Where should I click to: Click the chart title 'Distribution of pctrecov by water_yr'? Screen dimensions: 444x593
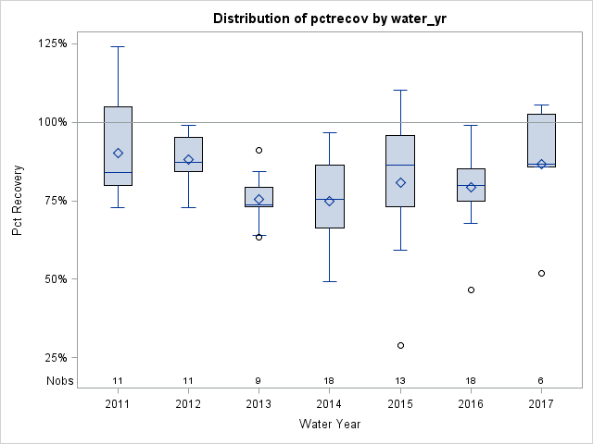pos(329,18)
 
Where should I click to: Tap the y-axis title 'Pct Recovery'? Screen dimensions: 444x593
pos(18,201)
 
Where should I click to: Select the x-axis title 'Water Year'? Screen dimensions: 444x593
pos(330,424)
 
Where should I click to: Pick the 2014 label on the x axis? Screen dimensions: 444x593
pos(329,404)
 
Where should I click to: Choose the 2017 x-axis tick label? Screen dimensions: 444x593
pos(541,404)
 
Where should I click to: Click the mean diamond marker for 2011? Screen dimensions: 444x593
pos(118,154)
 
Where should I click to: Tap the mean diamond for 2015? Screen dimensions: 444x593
pos(400,182)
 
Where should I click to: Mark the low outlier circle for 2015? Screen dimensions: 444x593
pos(400,345)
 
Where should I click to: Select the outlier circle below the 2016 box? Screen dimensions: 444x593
pos(471,290)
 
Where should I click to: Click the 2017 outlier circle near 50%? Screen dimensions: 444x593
pos(541,273)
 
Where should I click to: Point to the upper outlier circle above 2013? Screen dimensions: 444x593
pos(259,150)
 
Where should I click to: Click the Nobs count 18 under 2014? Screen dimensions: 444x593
pos(329,380)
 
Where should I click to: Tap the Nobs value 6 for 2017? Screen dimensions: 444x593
pos(541,380)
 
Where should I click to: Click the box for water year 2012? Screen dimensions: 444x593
pos(188,154)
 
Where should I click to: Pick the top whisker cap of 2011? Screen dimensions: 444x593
pos(118,46)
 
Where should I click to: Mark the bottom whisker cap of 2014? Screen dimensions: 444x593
pos(329,281)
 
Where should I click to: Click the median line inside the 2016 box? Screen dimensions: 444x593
pos(471,185)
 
